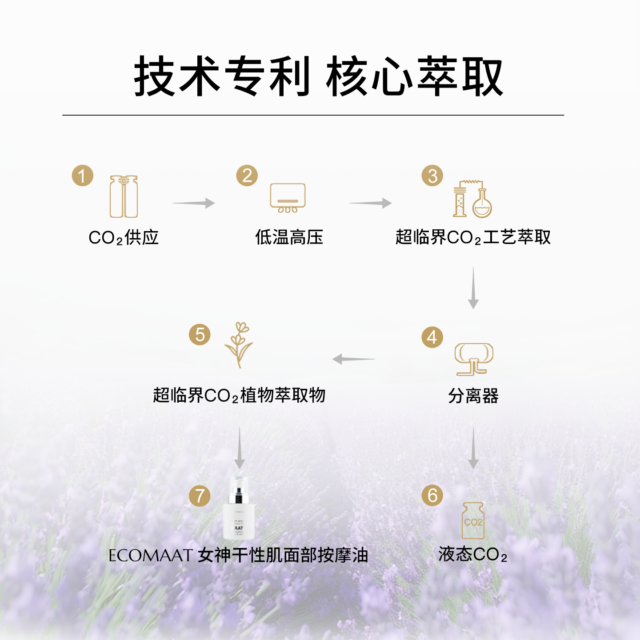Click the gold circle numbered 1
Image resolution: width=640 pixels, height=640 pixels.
coord(83,176)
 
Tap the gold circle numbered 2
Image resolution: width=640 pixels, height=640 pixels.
coord(247,176)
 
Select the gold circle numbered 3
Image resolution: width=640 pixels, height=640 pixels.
coord(432,176)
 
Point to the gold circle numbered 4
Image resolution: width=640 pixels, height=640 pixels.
coord(432,337)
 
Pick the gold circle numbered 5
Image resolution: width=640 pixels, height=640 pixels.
coord(200,335)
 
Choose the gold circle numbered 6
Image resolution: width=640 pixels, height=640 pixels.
coord(432,496)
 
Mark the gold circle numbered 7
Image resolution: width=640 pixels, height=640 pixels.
coord(200,496)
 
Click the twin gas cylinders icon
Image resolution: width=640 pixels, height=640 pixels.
coord(124,196)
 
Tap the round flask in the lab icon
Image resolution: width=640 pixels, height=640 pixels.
coord(482,205)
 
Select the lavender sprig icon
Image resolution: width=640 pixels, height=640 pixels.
coord(239,344)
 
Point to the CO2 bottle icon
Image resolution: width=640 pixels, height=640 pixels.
coord(473,520)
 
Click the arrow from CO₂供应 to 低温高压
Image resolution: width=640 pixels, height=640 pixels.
coord(194,203)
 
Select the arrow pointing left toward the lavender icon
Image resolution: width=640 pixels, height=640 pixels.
coord(353,359)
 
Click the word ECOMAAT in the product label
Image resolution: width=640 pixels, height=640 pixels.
coord(150,556)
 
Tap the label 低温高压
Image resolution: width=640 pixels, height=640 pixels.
coord(289,237)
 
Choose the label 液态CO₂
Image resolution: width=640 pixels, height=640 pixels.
coord(473,555)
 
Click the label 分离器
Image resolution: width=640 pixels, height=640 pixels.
coord(473,396)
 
